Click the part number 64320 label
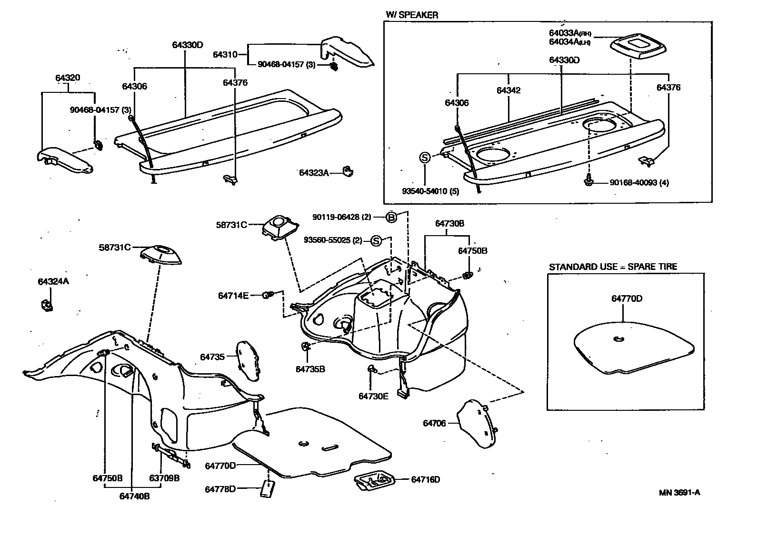67,78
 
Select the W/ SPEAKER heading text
411,15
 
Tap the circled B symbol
391,217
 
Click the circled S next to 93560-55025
376,241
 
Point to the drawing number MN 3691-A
679,492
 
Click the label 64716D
425,479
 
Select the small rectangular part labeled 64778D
268,488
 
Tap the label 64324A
53,281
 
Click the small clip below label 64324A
46,305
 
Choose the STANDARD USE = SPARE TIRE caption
613,267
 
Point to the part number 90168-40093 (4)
639,183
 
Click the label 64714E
233,296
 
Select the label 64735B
310,369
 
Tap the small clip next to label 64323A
349,171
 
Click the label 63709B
164,478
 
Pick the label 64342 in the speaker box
509,90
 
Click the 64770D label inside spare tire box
627,298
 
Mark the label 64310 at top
225,55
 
